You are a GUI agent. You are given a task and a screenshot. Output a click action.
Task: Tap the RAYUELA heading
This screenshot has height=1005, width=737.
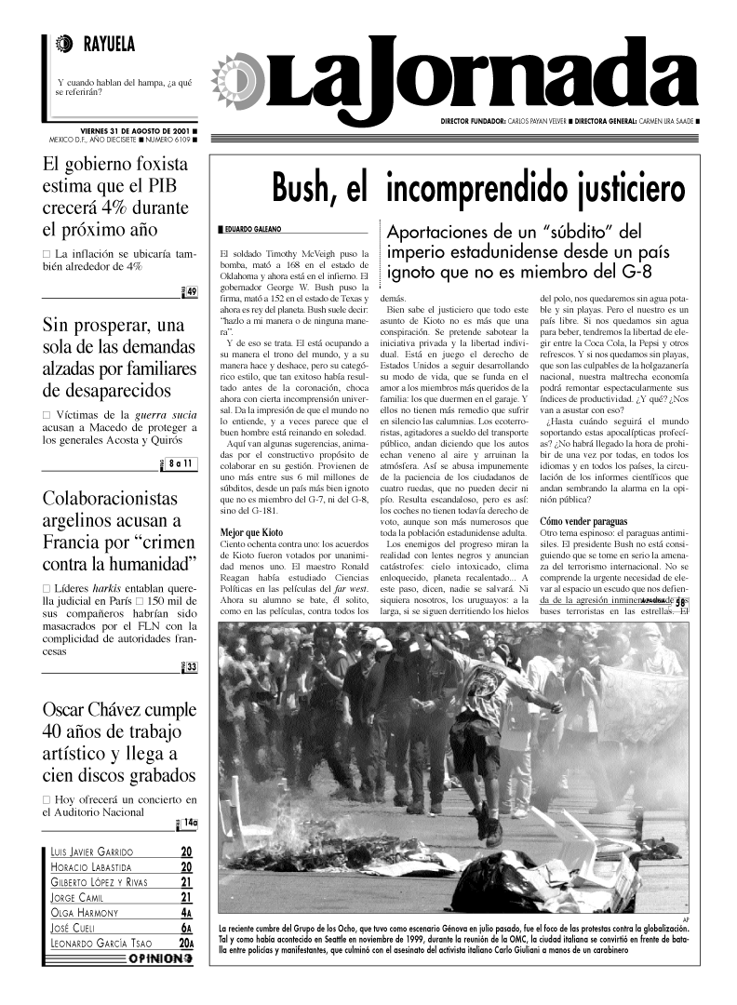tap(109, 43)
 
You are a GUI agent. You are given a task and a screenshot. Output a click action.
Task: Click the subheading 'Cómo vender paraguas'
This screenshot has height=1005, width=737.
tap(583, 521)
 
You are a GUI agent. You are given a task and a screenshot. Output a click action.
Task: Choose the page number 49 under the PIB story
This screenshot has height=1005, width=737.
tap(191, 293)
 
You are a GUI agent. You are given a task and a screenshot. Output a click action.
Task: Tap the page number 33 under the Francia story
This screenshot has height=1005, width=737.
tap(191, 666)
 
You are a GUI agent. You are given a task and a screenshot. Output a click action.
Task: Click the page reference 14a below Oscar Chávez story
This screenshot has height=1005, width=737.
tap(190, 823)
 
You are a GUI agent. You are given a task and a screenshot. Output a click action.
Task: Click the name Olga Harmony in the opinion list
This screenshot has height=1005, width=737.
tap(87, 913)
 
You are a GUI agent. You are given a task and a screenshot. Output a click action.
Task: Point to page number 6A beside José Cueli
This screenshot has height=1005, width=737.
tap(186, 928)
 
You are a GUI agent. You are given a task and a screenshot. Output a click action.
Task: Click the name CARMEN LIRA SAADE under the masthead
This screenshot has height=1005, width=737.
tap(661, 122)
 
